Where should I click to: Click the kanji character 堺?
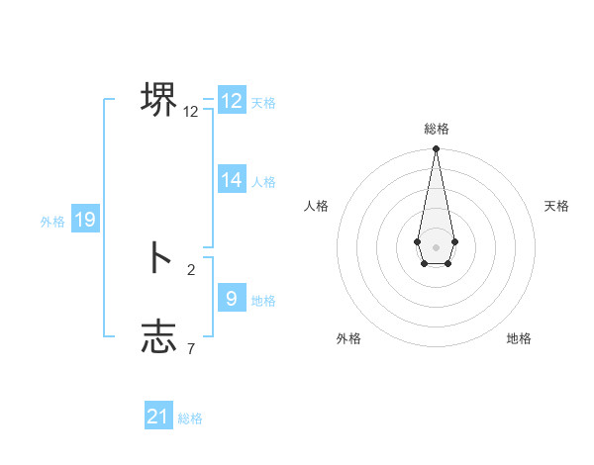pyautogui.click(x=158, y=100)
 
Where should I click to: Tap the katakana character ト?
pyautogui.click(x=158, y=257)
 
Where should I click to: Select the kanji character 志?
pyautogui.click(x=158, y=336)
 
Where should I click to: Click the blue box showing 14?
pyautogui.click(x=232, y=180)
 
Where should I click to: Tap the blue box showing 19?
pyautogui.click(x=85, y=220)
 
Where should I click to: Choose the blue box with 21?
pyautogui.click(x=158, y=417)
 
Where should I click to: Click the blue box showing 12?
pyautogui.click(x=232, y=101)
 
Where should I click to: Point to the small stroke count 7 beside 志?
pyautogui.click(x=191, y=348)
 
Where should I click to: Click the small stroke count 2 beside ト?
pyautogui.click(x=191, y=269)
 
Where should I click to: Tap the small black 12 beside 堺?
pyautogui.click(x=191, y=112)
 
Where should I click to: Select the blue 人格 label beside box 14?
pyautogui.click(x=263, y=182)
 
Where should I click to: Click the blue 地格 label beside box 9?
pyautogui.click(x=263, y=301)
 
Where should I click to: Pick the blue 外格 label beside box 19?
pyautogui.click(x=52, y=223)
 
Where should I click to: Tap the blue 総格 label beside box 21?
pyautogui.click(x=190, y=418)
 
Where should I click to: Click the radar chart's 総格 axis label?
pyautogui.click(x=437, y=129)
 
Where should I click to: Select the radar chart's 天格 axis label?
pyautogui.click(x=557, y=206)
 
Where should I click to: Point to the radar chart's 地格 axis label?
pyautogui.click(x=519, y=338)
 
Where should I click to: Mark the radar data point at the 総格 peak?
pyautogui.click(x=437, y=149)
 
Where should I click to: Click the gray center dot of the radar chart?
pyautogui.click(x=437, y=247)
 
